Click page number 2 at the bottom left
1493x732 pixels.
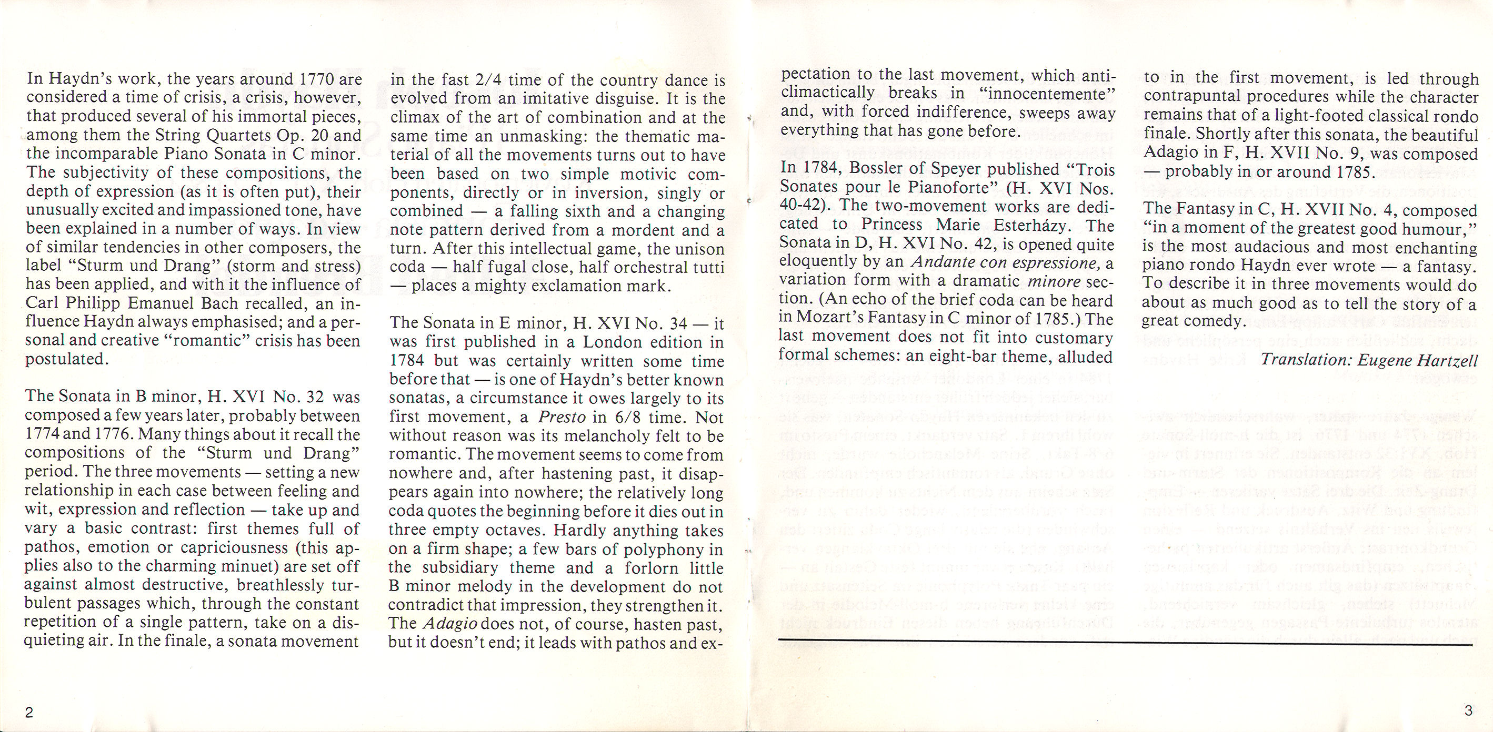(x=29, y=713)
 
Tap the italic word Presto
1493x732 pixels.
(x=558, y=417)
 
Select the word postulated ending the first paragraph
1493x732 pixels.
(x=66, y=360)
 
